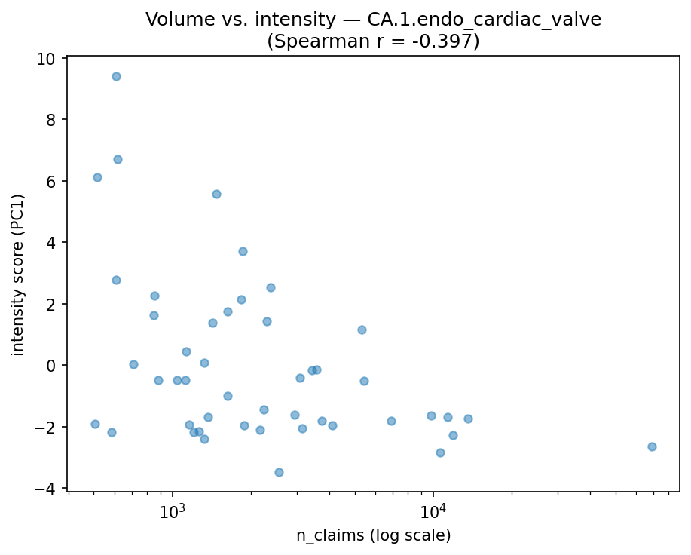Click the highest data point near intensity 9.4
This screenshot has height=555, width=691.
[x=116, y=76]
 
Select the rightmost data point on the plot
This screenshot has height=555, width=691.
[x=652, y=446]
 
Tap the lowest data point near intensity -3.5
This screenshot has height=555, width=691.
[x=279, y=472]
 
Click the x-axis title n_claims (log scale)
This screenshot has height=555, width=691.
[x=373, y=536]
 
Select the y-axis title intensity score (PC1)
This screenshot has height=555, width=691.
[x=18, y=274]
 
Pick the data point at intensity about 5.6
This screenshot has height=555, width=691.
[x=216, y=194]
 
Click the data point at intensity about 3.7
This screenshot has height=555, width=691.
[x=243, y=251]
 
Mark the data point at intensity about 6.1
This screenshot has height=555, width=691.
[x=97, y=177]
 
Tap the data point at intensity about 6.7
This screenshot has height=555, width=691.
[x=118, y=159]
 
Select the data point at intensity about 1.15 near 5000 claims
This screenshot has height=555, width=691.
[x=362, y=330]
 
